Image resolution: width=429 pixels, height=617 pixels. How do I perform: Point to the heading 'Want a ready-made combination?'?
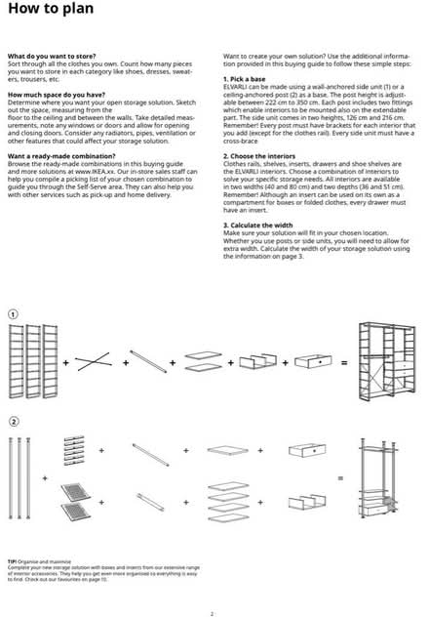pyautogui.click(x=58, y=155)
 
